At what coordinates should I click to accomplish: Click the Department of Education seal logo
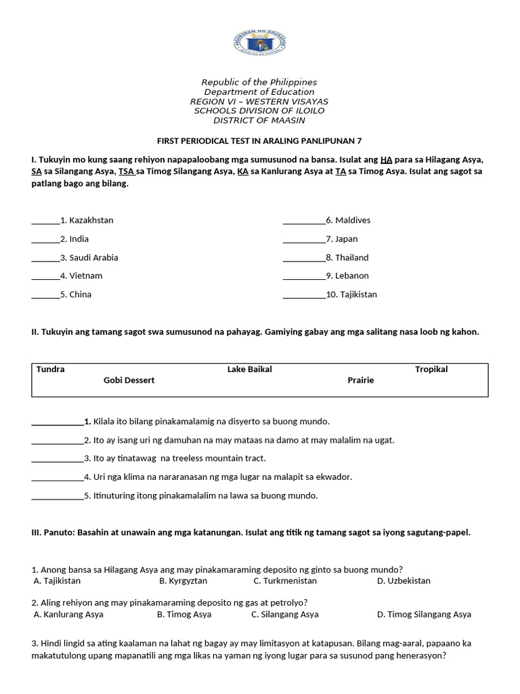pyautogui.click(x=259, y=45)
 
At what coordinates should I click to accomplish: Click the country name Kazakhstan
pyautogui.click(x=91, y=220)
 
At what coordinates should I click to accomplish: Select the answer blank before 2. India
pyautogui.click(x=45, y=239)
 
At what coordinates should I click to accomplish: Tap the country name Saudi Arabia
pyautogui.click(x=93, y=258)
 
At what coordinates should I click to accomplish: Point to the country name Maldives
pyautogui.click(x=353, y=220)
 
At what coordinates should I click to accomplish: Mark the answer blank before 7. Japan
pyautogui.click(x=303, y=239)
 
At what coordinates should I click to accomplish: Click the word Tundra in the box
pyautogui.click(x=51, y=369)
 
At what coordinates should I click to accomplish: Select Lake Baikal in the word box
pyautogui.click(x=250, y=369)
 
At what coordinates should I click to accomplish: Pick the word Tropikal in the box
pyautogui.click(x=431, y=369)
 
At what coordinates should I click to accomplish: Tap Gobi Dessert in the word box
pyautogui.click(x=129, y=380)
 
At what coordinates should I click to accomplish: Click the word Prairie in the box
pyautogui.click(x=361, y=380)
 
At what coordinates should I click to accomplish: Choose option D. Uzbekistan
pyautogui.click(x=404, y=581)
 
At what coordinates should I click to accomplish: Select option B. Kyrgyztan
pyautogui.click(x=183, y=581)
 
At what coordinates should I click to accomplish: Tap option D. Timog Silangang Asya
pyautogui.click(x=424, y=615)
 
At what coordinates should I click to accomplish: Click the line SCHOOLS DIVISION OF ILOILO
pyautogui.click(x=259, y=110)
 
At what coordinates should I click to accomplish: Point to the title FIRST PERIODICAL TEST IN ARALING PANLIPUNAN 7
pyautogui.click(x=259, y=141)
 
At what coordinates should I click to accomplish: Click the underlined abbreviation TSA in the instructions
pyautogui.click(x=127, y=171)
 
